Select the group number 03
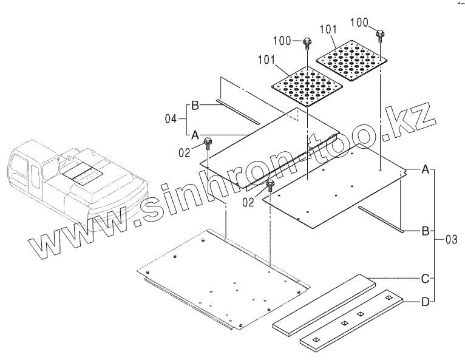(450, 239)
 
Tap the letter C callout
(426, 279)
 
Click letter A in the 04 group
(195, 134)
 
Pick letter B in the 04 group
(195, 106)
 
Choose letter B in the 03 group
(426, 231)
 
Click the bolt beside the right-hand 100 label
(379, 33)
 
